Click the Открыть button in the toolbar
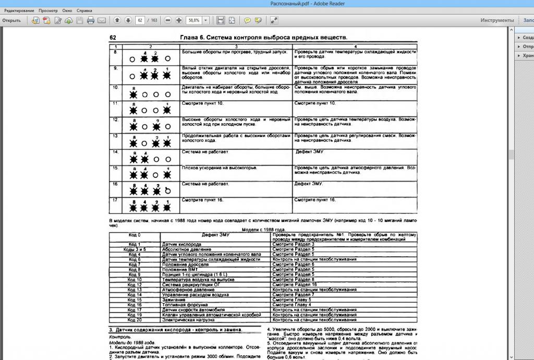11,20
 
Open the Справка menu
84,10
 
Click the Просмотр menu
48,10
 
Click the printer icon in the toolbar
91,20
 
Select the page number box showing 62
140,20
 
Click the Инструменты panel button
497,20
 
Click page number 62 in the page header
113,38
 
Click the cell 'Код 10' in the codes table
135,280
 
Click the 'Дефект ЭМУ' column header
216,235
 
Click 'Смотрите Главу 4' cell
292,305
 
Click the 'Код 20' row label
135,320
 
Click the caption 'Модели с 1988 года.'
263,230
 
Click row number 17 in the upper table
115,200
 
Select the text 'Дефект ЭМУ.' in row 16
309,184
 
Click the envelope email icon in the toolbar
101,20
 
